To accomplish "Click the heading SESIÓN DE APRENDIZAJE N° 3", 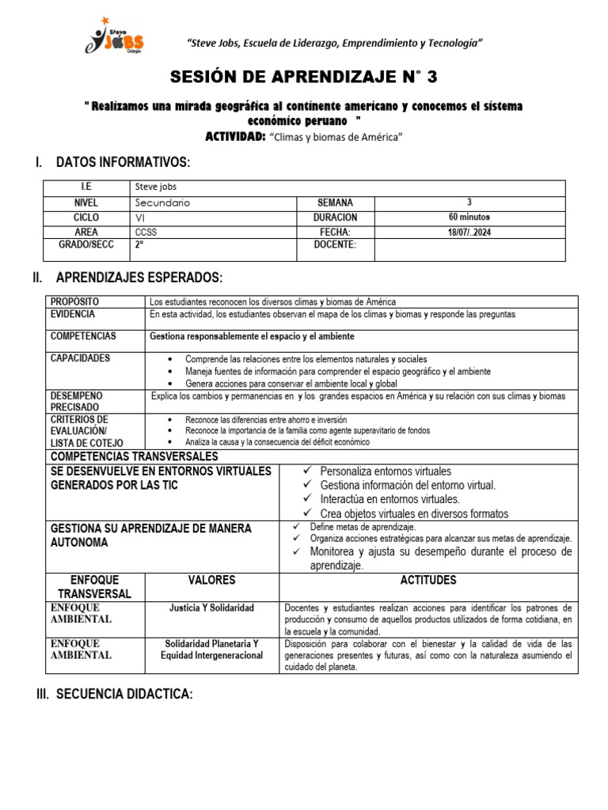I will tap(304, 77).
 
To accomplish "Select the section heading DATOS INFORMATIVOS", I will tap(123, 163).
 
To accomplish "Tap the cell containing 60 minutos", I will tap(469, 217).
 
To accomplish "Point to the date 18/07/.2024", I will tap(469, 232).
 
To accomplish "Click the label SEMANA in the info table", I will tap(335, 202).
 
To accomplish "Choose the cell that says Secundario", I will tap(162, 202).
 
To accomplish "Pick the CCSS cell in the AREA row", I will tap(146, 232).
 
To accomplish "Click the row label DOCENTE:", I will tap(335, 244).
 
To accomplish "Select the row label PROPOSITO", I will tap(75, 302).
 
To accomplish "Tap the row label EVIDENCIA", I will tap(74, 314).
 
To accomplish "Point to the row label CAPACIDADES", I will tap(81, 358).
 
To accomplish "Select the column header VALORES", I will tap(211, 580).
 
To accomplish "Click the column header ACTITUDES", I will tap(428, 580).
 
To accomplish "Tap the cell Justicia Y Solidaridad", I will tap(211, 607).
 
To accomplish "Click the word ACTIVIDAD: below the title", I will tap(234, 137).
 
